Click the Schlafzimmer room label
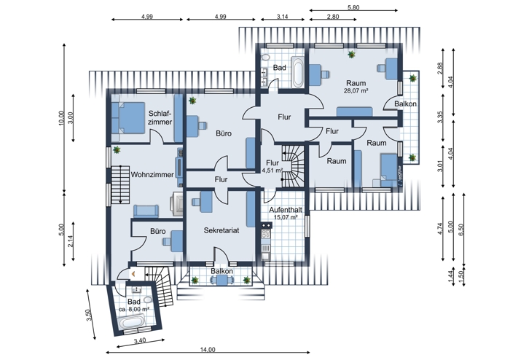160,118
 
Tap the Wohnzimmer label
152,174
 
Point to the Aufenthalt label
284,209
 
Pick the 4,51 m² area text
272,171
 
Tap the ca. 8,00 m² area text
134,309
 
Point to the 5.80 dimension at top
353,8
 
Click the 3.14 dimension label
283,16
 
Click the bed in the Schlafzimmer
129,118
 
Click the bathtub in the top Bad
299,72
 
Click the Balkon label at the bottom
221,272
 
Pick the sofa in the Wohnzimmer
146,211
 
